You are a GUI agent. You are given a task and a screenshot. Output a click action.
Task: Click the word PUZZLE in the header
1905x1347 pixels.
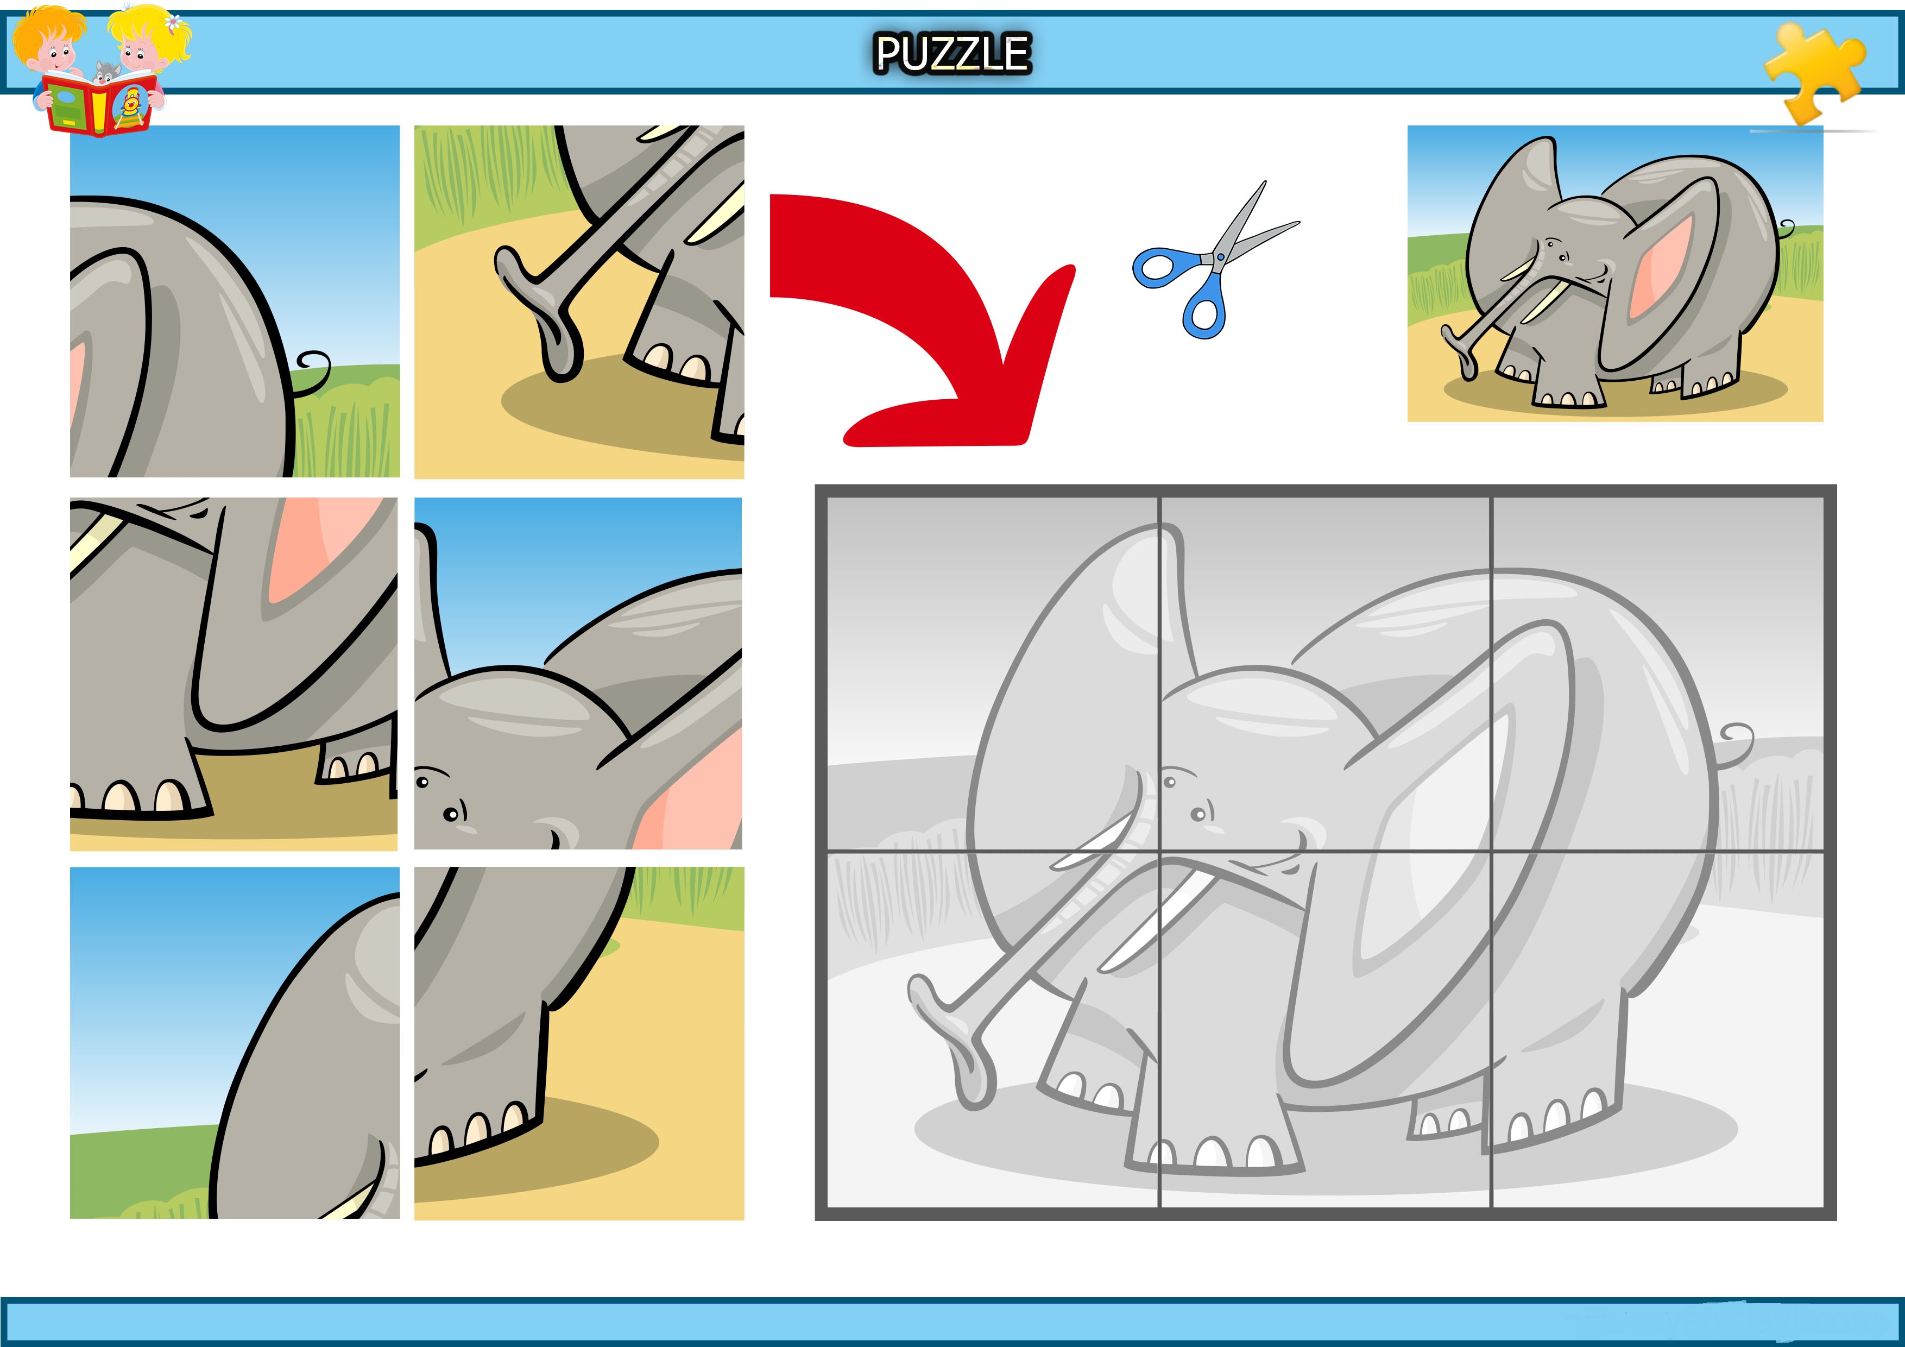pyautogui.click(x=952, y=53)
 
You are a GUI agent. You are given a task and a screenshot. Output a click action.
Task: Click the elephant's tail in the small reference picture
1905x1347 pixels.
pyautogui.click(x=1784, y=231)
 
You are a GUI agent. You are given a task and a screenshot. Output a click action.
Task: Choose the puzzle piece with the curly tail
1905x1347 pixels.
pyautogui.click(x=235, y=301)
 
